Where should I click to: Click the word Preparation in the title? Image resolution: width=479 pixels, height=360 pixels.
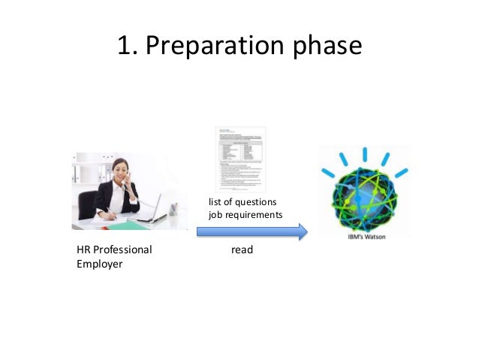(x=214, y=47)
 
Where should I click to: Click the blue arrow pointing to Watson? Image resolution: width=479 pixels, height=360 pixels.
(x=252, y=231)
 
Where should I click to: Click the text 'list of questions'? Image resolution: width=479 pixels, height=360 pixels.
(x=242, y=202)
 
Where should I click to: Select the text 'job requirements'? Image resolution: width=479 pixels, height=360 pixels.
(x=245, y=215)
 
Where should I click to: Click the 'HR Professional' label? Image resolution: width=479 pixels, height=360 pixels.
(x=114, y=250)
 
